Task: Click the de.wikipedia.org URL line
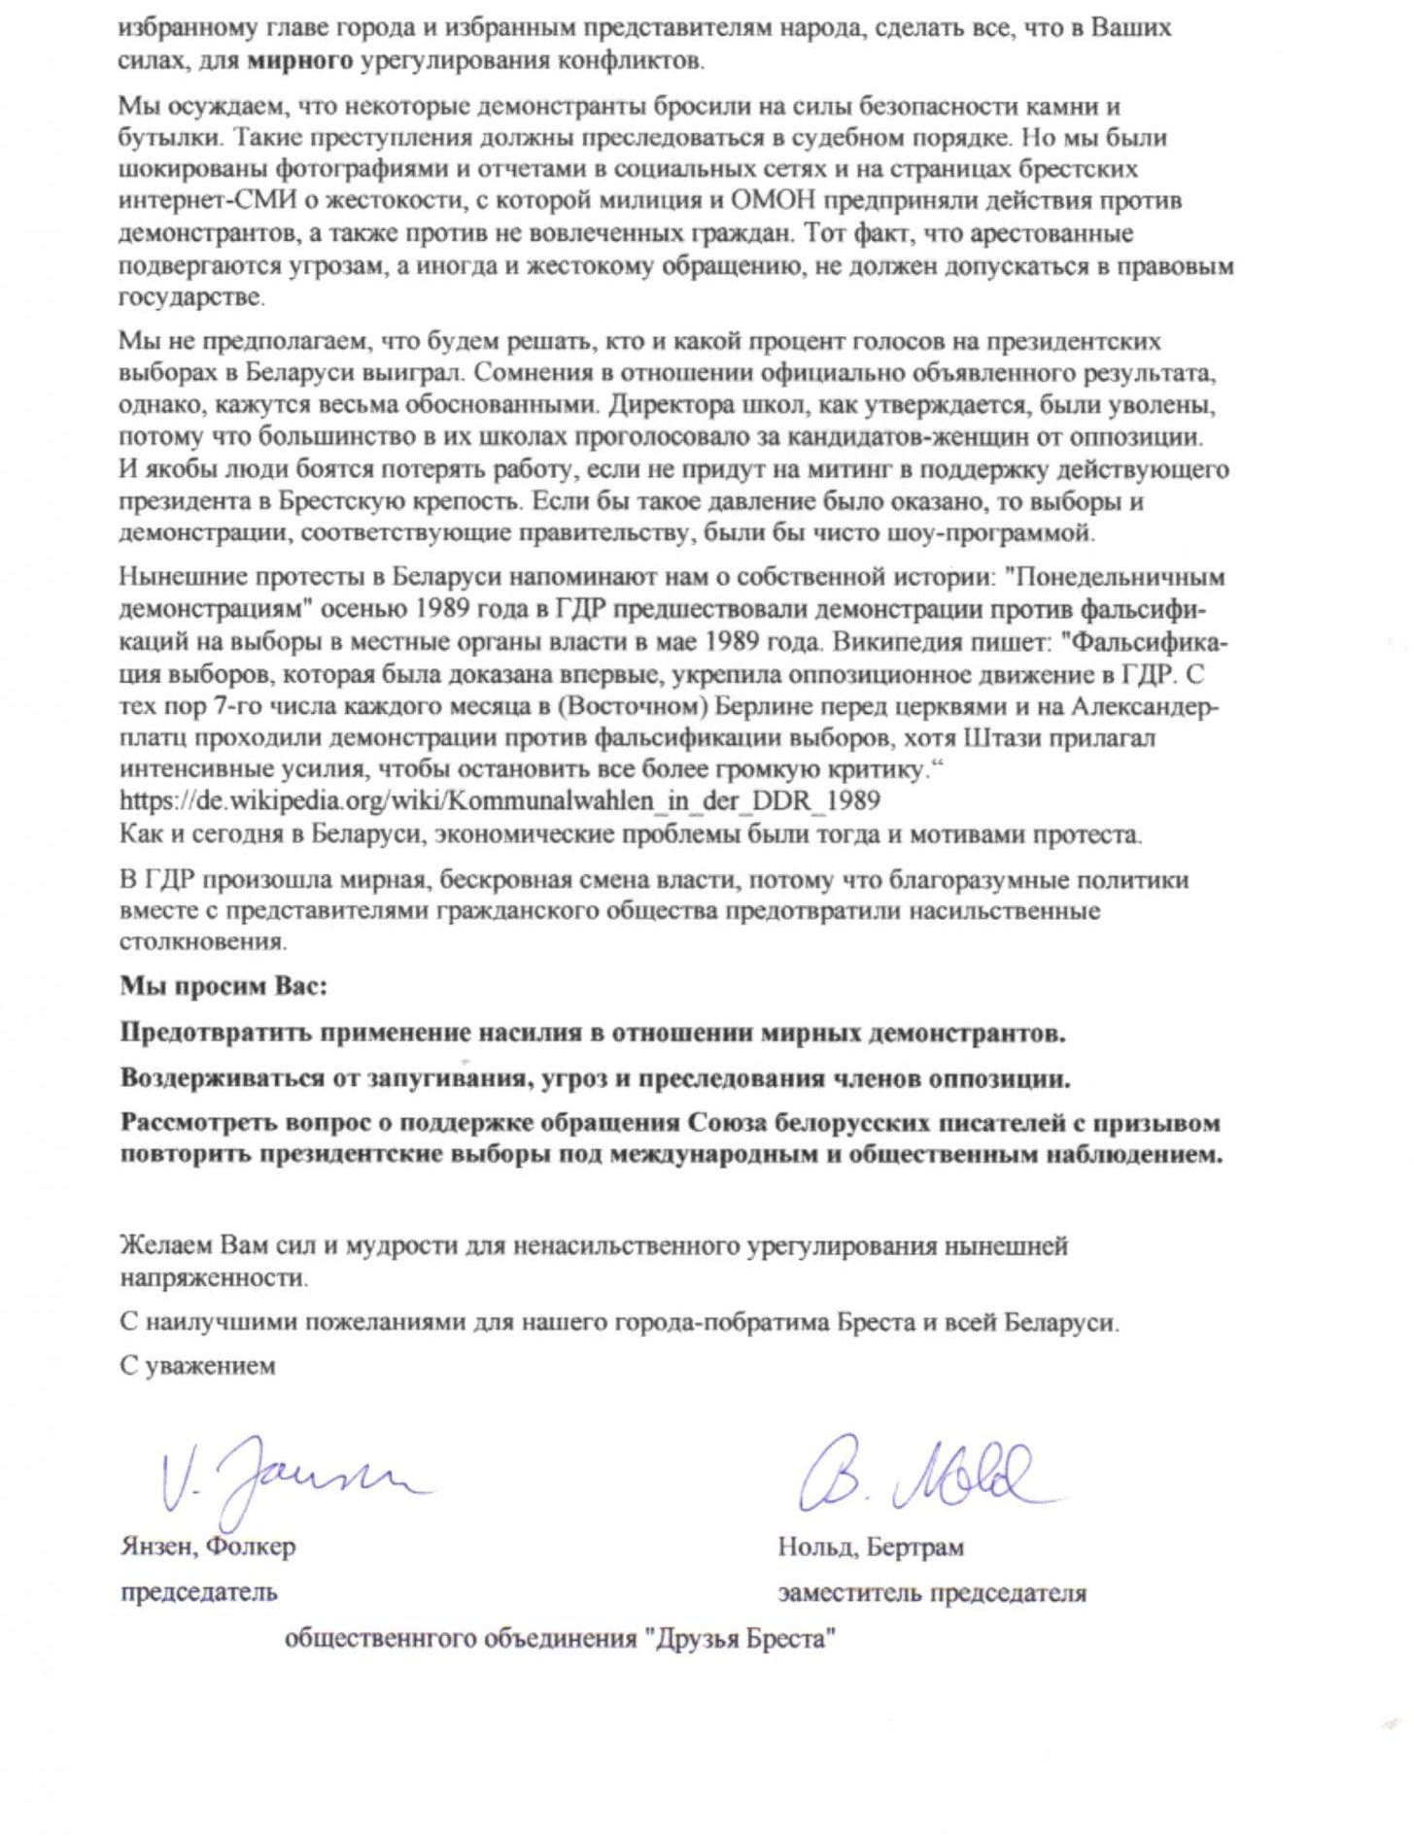pyautogui.click(x=500, y=801)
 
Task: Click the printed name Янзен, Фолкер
pyautogui.click(x=208, y=1546)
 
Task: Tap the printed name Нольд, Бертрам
pyautogui.click(x=871, y=1546)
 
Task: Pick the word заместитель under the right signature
pyautogui.click(x=848, y=1592)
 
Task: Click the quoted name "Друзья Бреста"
pyautogui.click(x=741, y=1639)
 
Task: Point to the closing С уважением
pyautogui.click(x=197, y=1366)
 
